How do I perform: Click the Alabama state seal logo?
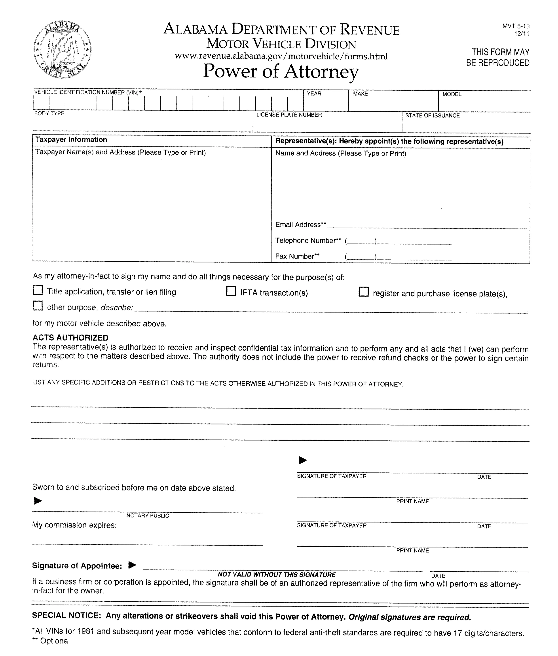62,50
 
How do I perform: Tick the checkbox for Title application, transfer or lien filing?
38,290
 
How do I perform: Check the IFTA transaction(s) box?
231,291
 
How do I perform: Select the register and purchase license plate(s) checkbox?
363,292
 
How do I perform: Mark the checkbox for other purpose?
38,306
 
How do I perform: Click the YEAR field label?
314,94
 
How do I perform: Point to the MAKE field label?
360,94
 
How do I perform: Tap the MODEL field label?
452,94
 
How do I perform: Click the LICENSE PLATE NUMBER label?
289,115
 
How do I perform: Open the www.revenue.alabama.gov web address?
281,56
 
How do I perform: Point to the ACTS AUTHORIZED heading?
70,338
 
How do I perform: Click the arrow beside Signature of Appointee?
133,565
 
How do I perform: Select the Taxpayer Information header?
71,140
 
